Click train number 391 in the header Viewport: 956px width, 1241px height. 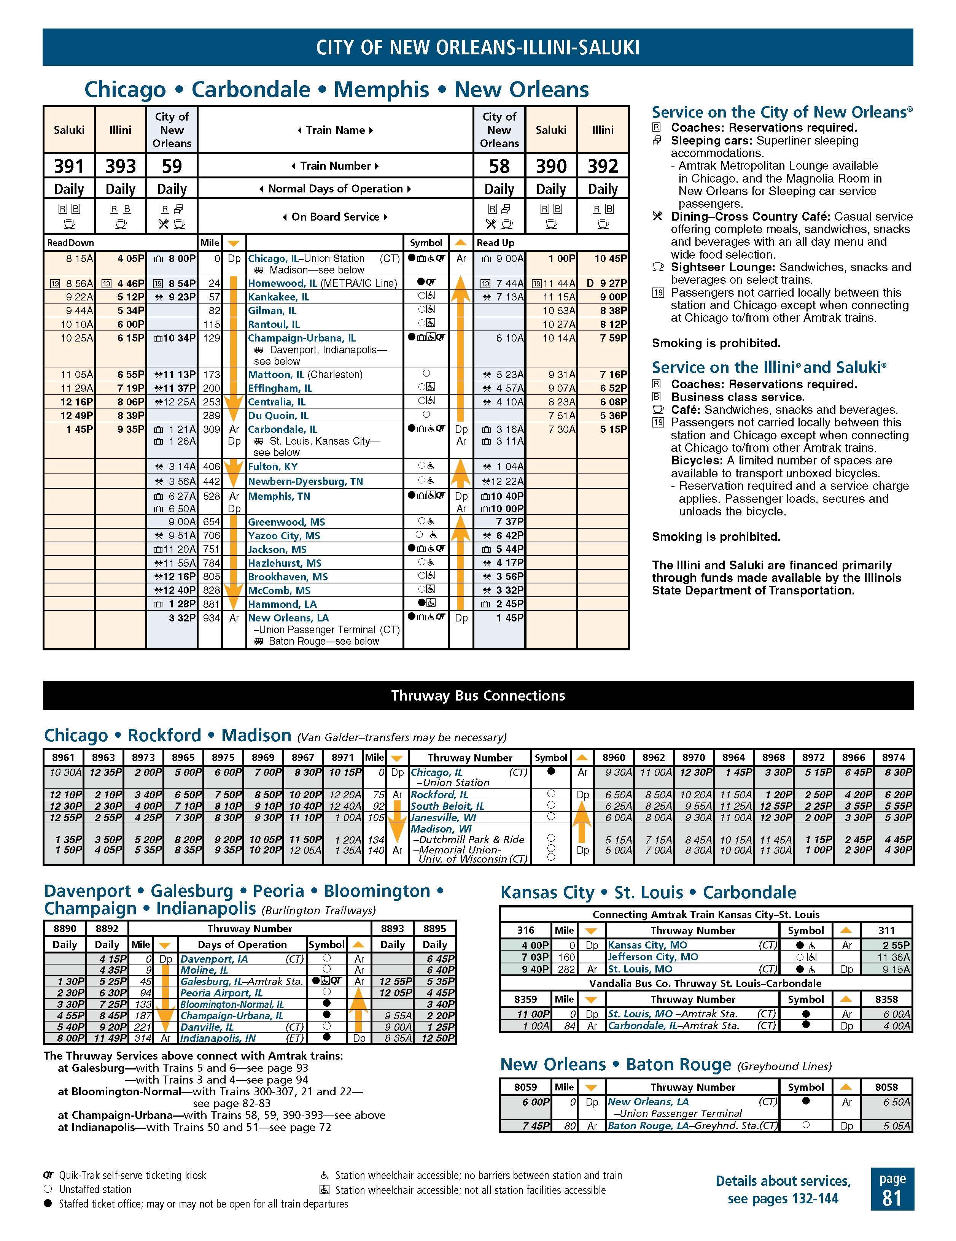click(69, 166)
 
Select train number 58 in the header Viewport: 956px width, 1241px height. click(499, 166)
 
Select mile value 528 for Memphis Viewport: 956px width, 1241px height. click(212, 496)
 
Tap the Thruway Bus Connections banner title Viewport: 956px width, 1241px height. click(478, 696)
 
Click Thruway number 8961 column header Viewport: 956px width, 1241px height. click(63, 758)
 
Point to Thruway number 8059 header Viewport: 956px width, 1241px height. click(525, 1087)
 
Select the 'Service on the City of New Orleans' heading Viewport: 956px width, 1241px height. click(782, 113)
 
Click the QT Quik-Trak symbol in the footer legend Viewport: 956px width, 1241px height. click(48, 1176)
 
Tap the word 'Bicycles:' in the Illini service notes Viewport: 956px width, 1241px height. click(695, 460)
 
